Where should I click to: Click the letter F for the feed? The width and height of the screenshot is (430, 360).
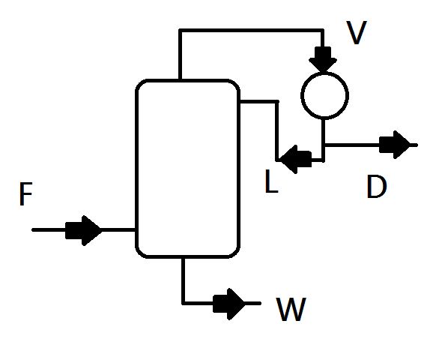(25, 195)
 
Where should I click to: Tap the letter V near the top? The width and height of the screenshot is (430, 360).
(357, 33)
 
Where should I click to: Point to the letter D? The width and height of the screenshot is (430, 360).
(376, 187)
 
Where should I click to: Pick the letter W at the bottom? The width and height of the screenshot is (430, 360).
(291, 309)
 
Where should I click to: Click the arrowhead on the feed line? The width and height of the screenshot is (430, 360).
(84, 229)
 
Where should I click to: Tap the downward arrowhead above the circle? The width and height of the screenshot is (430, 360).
(324, 57)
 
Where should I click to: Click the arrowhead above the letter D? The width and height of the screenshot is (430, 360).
(396, 144)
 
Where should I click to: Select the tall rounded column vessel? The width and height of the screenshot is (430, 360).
(187, 168)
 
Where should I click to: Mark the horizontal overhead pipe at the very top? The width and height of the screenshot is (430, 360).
(251, 31)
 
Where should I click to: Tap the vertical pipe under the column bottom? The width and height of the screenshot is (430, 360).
(184, 279)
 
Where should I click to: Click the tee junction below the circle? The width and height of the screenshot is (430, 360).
(324, 144)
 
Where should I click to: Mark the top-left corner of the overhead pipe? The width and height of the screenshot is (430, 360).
(181, 31)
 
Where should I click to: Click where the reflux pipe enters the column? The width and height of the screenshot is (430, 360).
(240, 101)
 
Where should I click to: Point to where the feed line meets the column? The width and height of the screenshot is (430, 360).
(136, 229)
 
